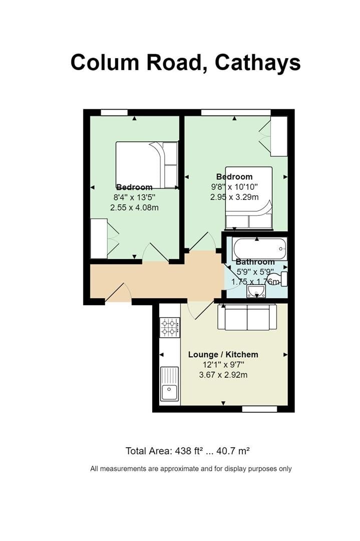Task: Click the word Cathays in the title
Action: (258, 63)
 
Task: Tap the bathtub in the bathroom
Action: (259, 248)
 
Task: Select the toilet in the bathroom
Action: (278, 279)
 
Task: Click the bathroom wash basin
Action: (256, 292)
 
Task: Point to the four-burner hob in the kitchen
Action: (170, 328)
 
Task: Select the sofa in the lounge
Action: (247, 317)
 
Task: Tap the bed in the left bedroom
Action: (147, 164)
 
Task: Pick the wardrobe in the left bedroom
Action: (99, 238)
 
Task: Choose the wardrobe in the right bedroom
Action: (279, 136)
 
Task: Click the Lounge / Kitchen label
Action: (223, 355)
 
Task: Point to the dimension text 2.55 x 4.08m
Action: (134, 207)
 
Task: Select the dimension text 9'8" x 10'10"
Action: (234, 187)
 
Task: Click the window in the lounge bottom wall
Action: (259, 409)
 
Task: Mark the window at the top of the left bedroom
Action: (114, 112)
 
